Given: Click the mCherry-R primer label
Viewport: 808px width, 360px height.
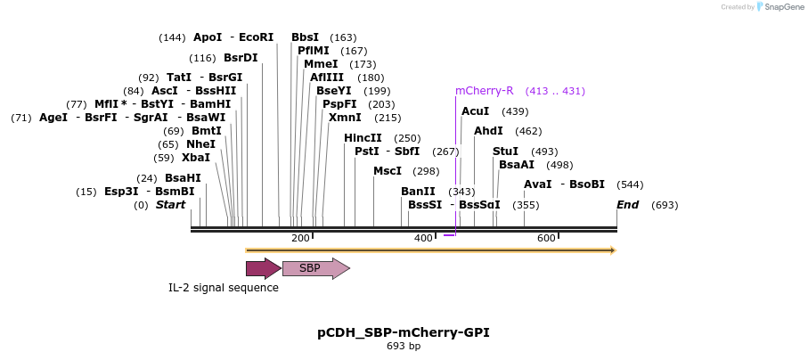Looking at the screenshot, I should tap(484, 91).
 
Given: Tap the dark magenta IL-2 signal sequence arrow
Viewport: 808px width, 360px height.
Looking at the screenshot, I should tap(263, 267).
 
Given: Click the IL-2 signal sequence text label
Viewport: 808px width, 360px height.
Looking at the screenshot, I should tap(224, 288).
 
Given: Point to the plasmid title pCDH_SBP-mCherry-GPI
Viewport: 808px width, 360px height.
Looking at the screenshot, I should tap(404, 332).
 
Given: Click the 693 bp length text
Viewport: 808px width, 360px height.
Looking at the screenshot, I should tap(404, 346).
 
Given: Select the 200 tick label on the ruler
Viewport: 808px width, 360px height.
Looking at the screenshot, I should tap(300, 238).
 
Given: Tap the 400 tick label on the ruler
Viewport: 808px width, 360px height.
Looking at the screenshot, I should tap(423, 238).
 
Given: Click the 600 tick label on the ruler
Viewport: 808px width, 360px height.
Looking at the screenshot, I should tap(546, 238).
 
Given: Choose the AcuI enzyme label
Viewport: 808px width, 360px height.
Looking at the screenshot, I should tap(476, 111).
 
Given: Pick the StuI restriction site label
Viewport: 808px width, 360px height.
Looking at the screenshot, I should tap(505, 151).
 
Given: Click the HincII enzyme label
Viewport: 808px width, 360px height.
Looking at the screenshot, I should tap(363, 138).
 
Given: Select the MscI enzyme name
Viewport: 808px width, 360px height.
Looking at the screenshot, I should tap(388, 171).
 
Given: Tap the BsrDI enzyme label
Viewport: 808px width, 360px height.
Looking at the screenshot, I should tap(241, 58).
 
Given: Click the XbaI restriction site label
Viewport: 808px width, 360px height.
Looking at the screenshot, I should tap(196, 158).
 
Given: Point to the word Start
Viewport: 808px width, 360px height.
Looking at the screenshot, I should tap(170, 205).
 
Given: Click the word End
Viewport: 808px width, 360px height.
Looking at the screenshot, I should tap(627, 205).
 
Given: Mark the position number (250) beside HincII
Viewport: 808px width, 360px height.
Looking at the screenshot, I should tap(407, 138).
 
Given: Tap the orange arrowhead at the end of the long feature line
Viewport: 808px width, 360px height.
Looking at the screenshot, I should tap(612, 250).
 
